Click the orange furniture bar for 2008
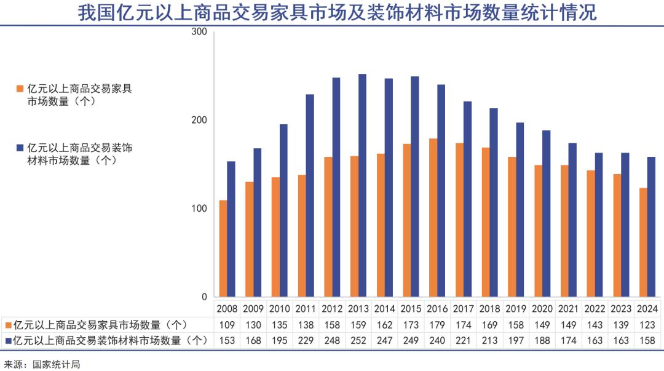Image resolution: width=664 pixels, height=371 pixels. (223, 249)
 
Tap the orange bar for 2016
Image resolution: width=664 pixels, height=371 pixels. (433, 218)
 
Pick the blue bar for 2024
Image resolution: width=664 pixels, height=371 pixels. (652, 227)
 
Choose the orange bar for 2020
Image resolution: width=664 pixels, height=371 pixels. (539, 231)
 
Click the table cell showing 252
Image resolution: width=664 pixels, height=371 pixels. (358, 340)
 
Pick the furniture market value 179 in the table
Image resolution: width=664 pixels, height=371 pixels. (437, 325)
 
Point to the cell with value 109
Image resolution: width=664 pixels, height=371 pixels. (227, 325)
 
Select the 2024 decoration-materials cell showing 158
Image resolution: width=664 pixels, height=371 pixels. (647, 340)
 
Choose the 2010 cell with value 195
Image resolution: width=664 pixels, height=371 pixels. (280, 340)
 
